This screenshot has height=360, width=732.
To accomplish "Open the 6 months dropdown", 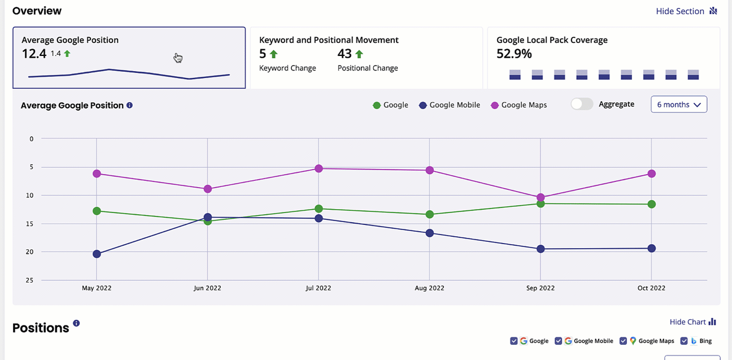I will point(678,105).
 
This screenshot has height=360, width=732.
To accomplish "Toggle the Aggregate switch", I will point(582,104).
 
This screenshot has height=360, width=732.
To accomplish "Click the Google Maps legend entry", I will point(518,105).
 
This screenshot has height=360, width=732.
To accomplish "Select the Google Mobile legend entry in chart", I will point(449,105).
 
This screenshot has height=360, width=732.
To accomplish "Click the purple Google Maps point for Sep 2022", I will point(541,198).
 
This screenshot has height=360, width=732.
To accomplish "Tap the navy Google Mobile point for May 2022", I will point(97,254).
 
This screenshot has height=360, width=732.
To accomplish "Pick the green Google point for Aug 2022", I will point(430,214).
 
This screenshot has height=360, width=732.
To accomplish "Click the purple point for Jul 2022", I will point(319,168).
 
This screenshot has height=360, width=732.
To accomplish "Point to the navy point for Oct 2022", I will point(651,248).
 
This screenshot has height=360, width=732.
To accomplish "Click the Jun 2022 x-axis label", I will point(207,288).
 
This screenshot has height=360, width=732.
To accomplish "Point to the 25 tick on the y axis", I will point(32,280).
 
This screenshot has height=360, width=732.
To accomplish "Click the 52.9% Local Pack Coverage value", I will point(514,54).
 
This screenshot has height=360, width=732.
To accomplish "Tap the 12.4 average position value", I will point(34,54).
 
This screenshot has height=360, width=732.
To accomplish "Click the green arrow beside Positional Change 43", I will point(359,54).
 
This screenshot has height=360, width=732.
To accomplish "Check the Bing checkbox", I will point(684,341).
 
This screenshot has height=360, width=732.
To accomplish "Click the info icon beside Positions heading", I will point(76,323).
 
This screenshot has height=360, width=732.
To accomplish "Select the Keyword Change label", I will point(287,68).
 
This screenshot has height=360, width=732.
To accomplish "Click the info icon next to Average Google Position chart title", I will point(129,105).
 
